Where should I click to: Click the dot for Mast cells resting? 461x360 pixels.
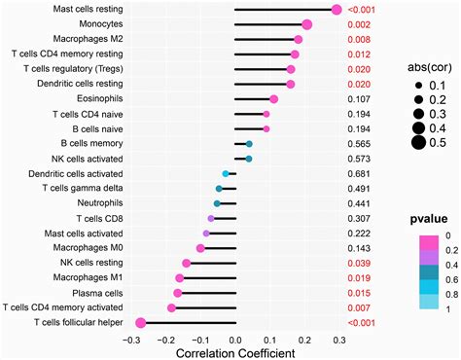click(x=337, y=10)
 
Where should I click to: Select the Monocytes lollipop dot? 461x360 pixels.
click(x=307, y=24)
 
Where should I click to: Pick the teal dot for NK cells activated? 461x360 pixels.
click(x=249, y=159)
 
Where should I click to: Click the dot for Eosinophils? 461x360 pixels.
click(x=273, y=99)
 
